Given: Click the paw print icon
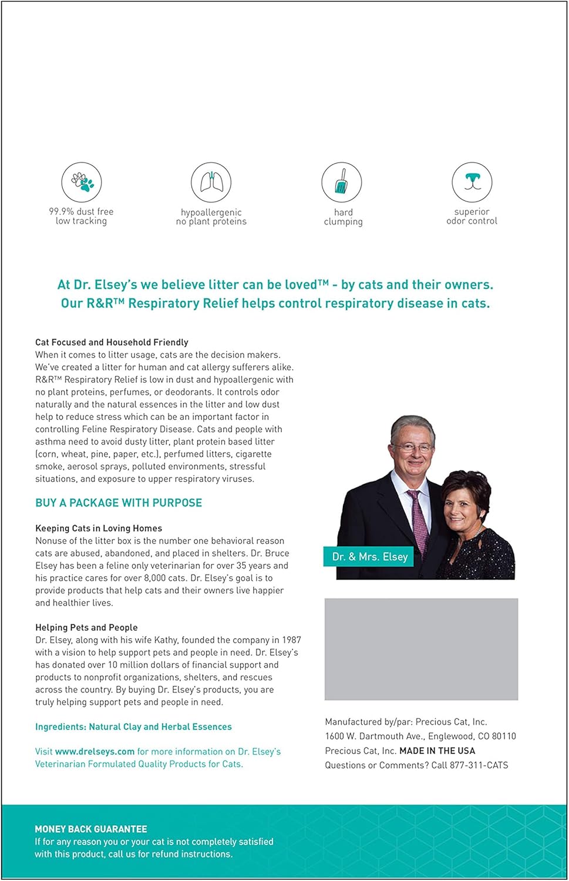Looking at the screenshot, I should tap(82, 182).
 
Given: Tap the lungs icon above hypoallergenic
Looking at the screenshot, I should tap(211, 182).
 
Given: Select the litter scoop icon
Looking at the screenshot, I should tap(342, 182).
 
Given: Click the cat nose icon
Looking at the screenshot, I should tap(472, 182).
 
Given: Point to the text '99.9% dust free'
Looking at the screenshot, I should tap(81, 211).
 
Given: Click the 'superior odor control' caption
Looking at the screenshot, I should tap(472, 216).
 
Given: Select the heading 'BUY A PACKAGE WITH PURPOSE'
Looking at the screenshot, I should tap(119, 503).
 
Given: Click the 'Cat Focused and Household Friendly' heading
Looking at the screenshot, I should tap(112, 342).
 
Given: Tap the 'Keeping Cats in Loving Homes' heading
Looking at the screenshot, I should tap(99, 528).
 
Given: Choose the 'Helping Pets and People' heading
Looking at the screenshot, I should tap(86, 627).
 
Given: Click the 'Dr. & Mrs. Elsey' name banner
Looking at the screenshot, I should tap(369, 556).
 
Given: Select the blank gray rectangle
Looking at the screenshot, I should tap(421, 649).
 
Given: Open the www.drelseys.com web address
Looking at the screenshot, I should tap(95, 751).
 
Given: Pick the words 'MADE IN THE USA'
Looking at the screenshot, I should tap(437, 751).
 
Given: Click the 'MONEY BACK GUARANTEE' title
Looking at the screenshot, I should tap(91, 829).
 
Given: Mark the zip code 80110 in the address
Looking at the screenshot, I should tap(504, 736).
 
